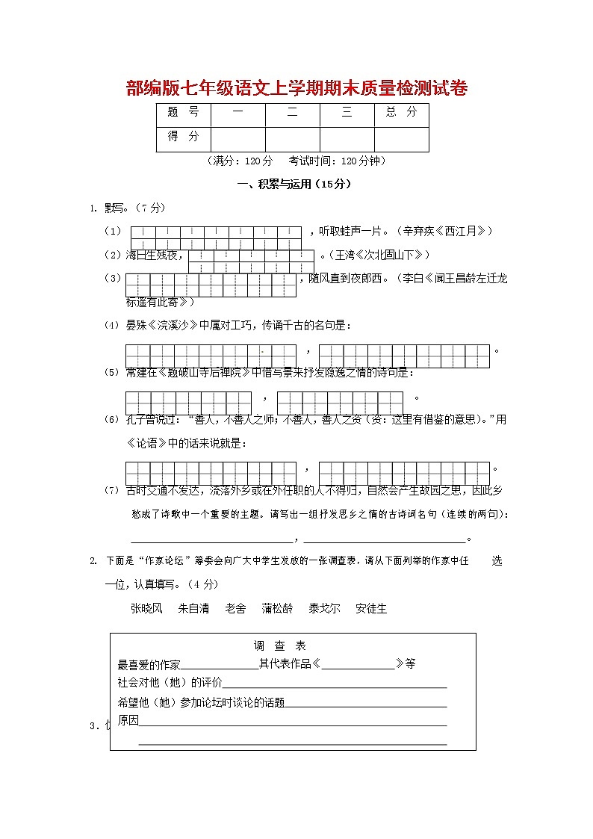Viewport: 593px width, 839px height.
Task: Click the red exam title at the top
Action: click(x=297, y=90)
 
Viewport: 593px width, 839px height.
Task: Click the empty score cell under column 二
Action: click(x=292, y=139)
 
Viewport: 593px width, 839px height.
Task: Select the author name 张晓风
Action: click(x=146, y=609)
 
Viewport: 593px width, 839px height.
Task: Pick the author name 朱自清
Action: click(x=193, y=609)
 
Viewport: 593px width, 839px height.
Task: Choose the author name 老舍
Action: click(x=235, y=609)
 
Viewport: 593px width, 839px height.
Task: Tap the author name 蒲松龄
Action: click(x=277, y=609)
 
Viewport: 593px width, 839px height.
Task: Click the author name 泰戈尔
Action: click(x=324, y=609)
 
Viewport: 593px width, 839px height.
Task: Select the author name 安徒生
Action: click(x=371, y=609)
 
